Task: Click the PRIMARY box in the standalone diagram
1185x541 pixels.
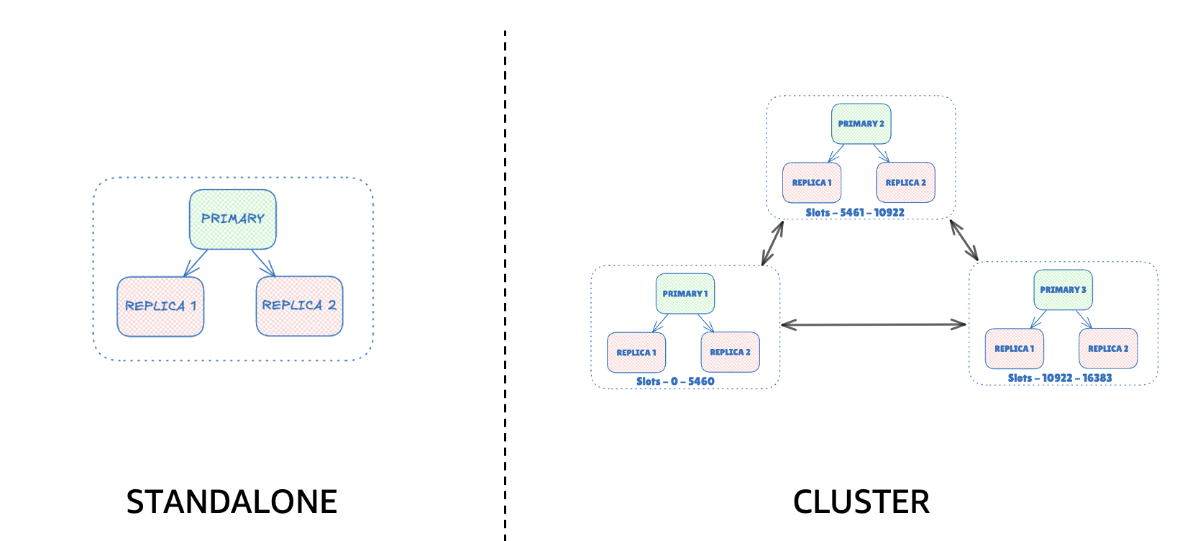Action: tap(232, 219)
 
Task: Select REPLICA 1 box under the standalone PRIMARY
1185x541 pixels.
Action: tap(160, 306)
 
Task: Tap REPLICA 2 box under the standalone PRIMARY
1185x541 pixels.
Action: tap(299, 306)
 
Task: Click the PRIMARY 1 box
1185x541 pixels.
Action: tap(685, 294)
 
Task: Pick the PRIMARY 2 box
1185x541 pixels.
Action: tap(861, 124)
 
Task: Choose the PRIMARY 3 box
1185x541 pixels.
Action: tap(1063, 290)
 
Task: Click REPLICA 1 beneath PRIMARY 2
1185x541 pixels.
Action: tap(812, 183)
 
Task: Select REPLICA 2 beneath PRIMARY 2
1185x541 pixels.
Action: tap(905, 183)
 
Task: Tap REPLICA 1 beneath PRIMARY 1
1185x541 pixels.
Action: tap(636, 353)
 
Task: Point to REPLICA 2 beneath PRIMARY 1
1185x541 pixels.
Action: tap(730, 352)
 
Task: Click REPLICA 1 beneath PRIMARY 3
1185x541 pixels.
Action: tap(1014, 349)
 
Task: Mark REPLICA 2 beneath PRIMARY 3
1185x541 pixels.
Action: tap(1108, 349)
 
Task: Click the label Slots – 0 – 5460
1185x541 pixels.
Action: tap(675, 381)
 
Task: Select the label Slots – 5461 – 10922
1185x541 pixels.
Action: tap(855, 212)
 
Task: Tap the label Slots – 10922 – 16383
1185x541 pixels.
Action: tap(1059, 378)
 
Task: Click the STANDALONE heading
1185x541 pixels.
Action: tap(232, 502)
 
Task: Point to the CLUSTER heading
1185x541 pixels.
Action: tap(861, 502)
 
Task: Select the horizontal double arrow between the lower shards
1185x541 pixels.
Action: tap(874, 325)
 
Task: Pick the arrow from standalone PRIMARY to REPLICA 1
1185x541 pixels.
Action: tap(196, 263)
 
